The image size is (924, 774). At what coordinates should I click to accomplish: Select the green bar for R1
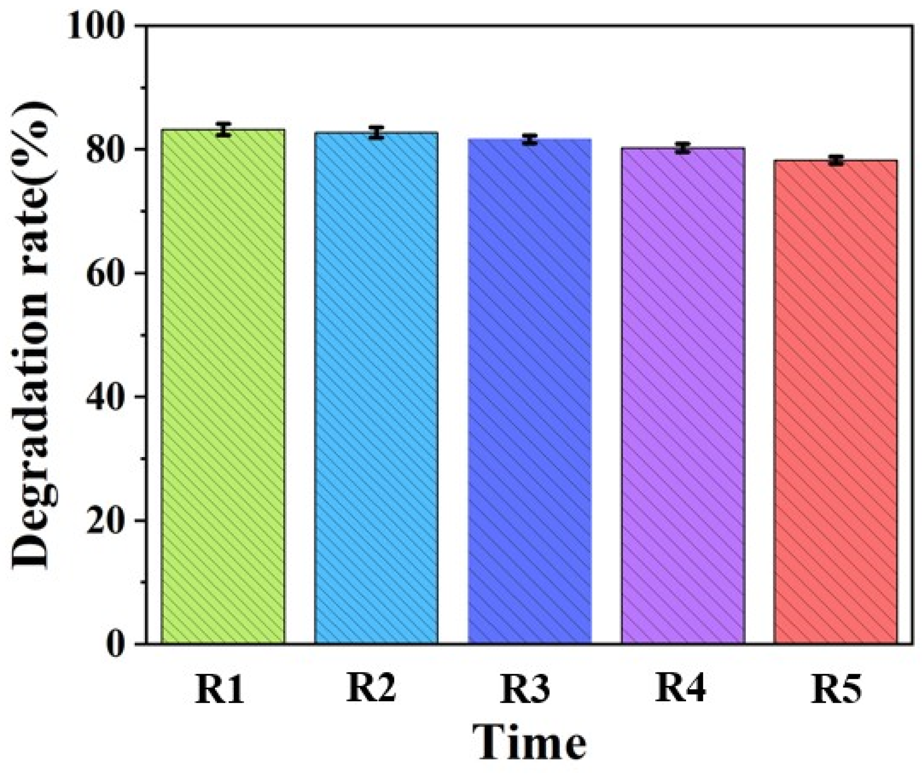coord(223,387)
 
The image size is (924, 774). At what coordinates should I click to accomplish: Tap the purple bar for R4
coord(683,396)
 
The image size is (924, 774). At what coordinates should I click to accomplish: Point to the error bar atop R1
coord(224,129)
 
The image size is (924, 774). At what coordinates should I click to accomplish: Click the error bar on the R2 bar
coord(377,132)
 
